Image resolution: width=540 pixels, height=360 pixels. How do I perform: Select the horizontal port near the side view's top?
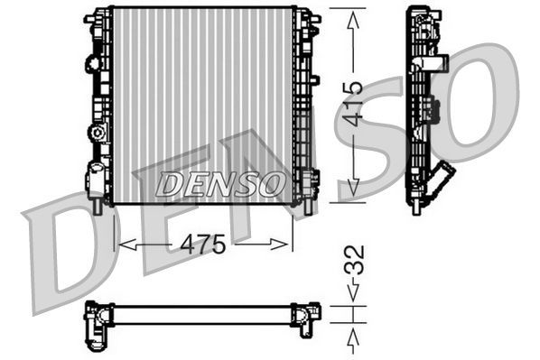point(438,64)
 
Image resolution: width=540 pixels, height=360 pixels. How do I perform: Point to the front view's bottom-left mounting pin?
point(96,206)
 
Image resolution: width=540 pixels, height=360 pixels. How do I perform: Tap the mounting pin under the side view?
point(416,207)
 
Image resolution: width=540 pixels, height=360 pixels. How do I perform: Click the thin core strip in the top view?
point(203,314)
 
